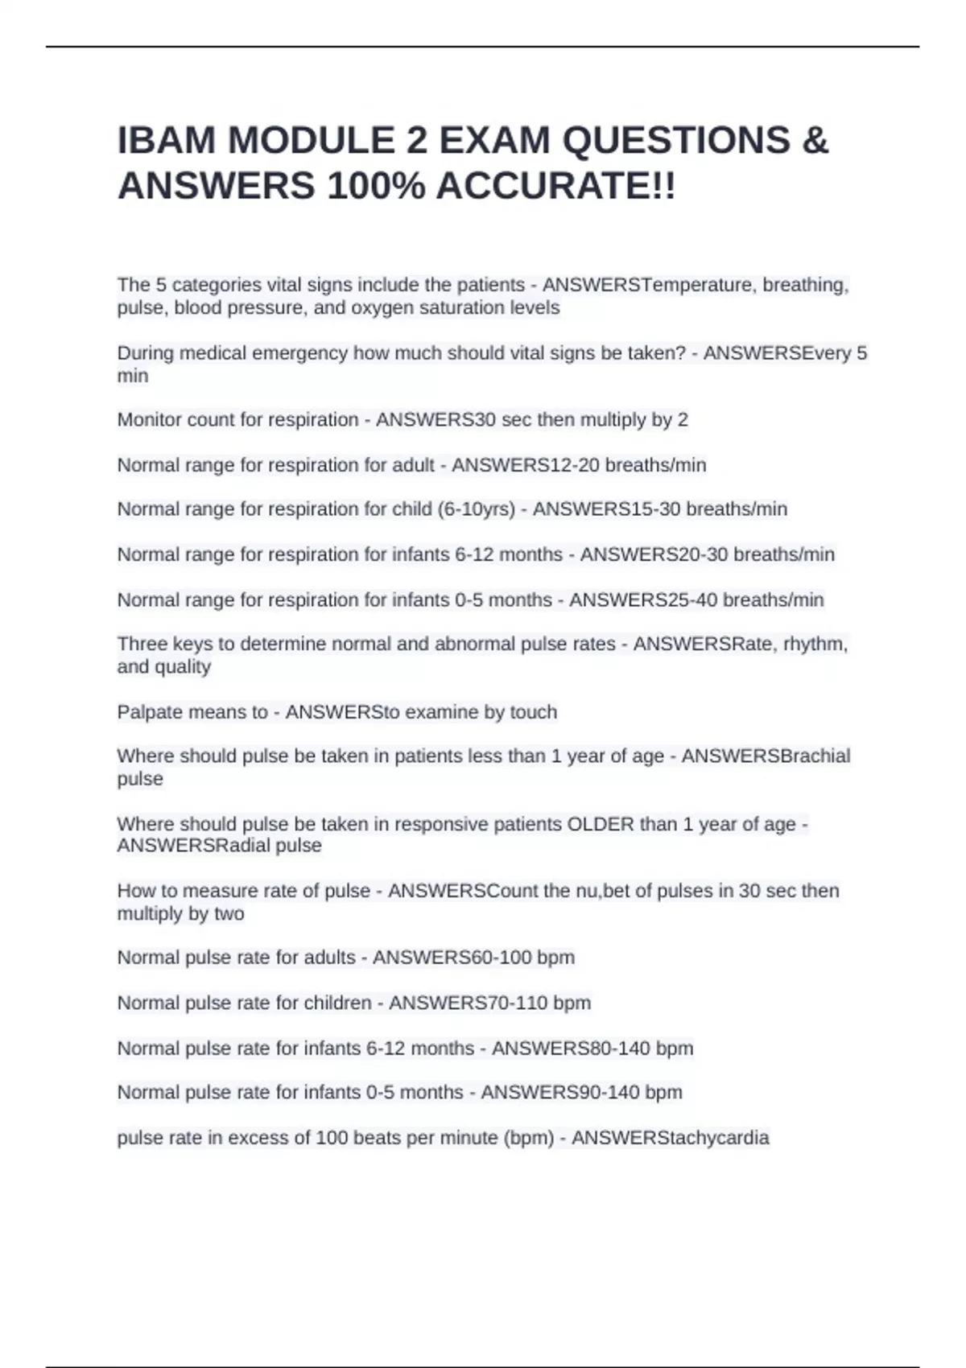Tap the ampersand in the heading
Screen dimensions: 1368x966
click(x=815, y=141)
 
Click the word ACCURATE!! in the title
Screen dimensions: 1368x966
click(x=556, y=187)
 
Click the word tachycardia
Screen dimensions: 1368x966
click(x=713, y=1138)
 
